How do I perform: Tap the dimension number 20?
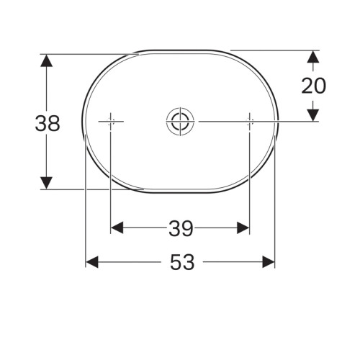(x=313, y=86)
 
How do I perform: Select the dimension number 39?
(x=180, y=228)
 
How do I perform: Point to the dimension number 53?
(x=183, y=263)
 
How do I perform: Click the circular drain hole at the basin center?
(x=179, y=122)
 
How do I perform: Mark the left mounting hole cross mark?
(x=111, y=122)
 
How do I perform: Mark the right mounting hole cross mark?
(x=249, y=122)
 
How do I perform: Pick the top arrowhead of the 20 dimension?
(x=313, y=57)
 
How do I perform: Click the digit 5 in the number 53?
(x=175, y=263)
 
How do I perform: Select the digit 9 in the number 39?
(x=187, y=228)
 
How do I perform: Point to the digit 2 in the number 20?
(x=307, y=86)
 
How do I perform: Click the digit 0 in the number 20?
(x=320, y=86)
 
